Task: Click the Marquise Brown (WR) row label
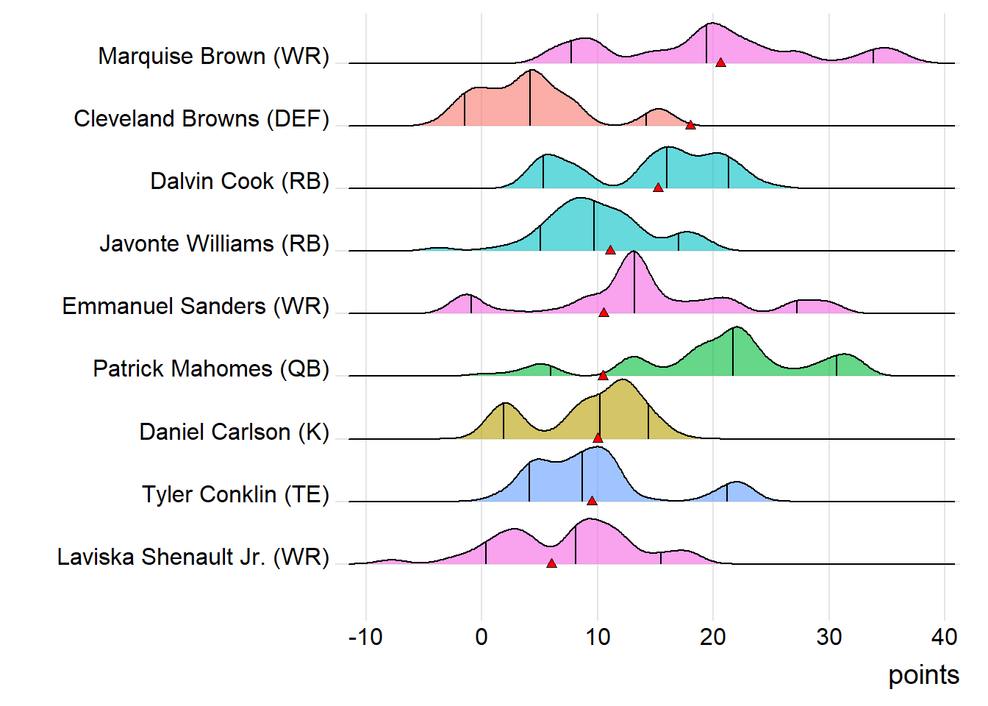click(x=213, y=57)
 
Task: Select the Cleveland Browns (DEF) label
click(x=201, y=119)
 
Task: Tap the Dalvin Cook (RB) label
click(x=240, y=182)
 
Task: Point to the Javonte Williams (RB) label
click(x=214, y=244)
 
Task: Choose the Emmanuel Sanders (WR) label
click(x=196, y=307)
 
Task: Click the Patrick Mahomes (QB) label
click(x=211, y=369)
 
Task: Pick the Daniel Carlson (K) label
click(x=235, y=432)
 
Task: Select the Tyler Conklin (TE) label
click(x=235, y=494)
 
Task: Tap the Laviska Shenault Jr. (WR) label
click(x=193, y=557)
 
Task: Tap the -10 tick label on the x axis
click(x=365, y=637)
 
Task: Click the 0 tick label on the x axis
click(x=482, y=637)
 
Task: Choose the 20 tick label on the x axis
click(x=713, y=637)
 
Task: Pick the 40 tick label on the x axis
click(x=944, y=637)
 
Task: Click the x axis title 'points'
click(x=923, y=675)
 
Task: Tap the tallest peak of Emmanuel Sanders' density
click(x=634, y=252)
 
